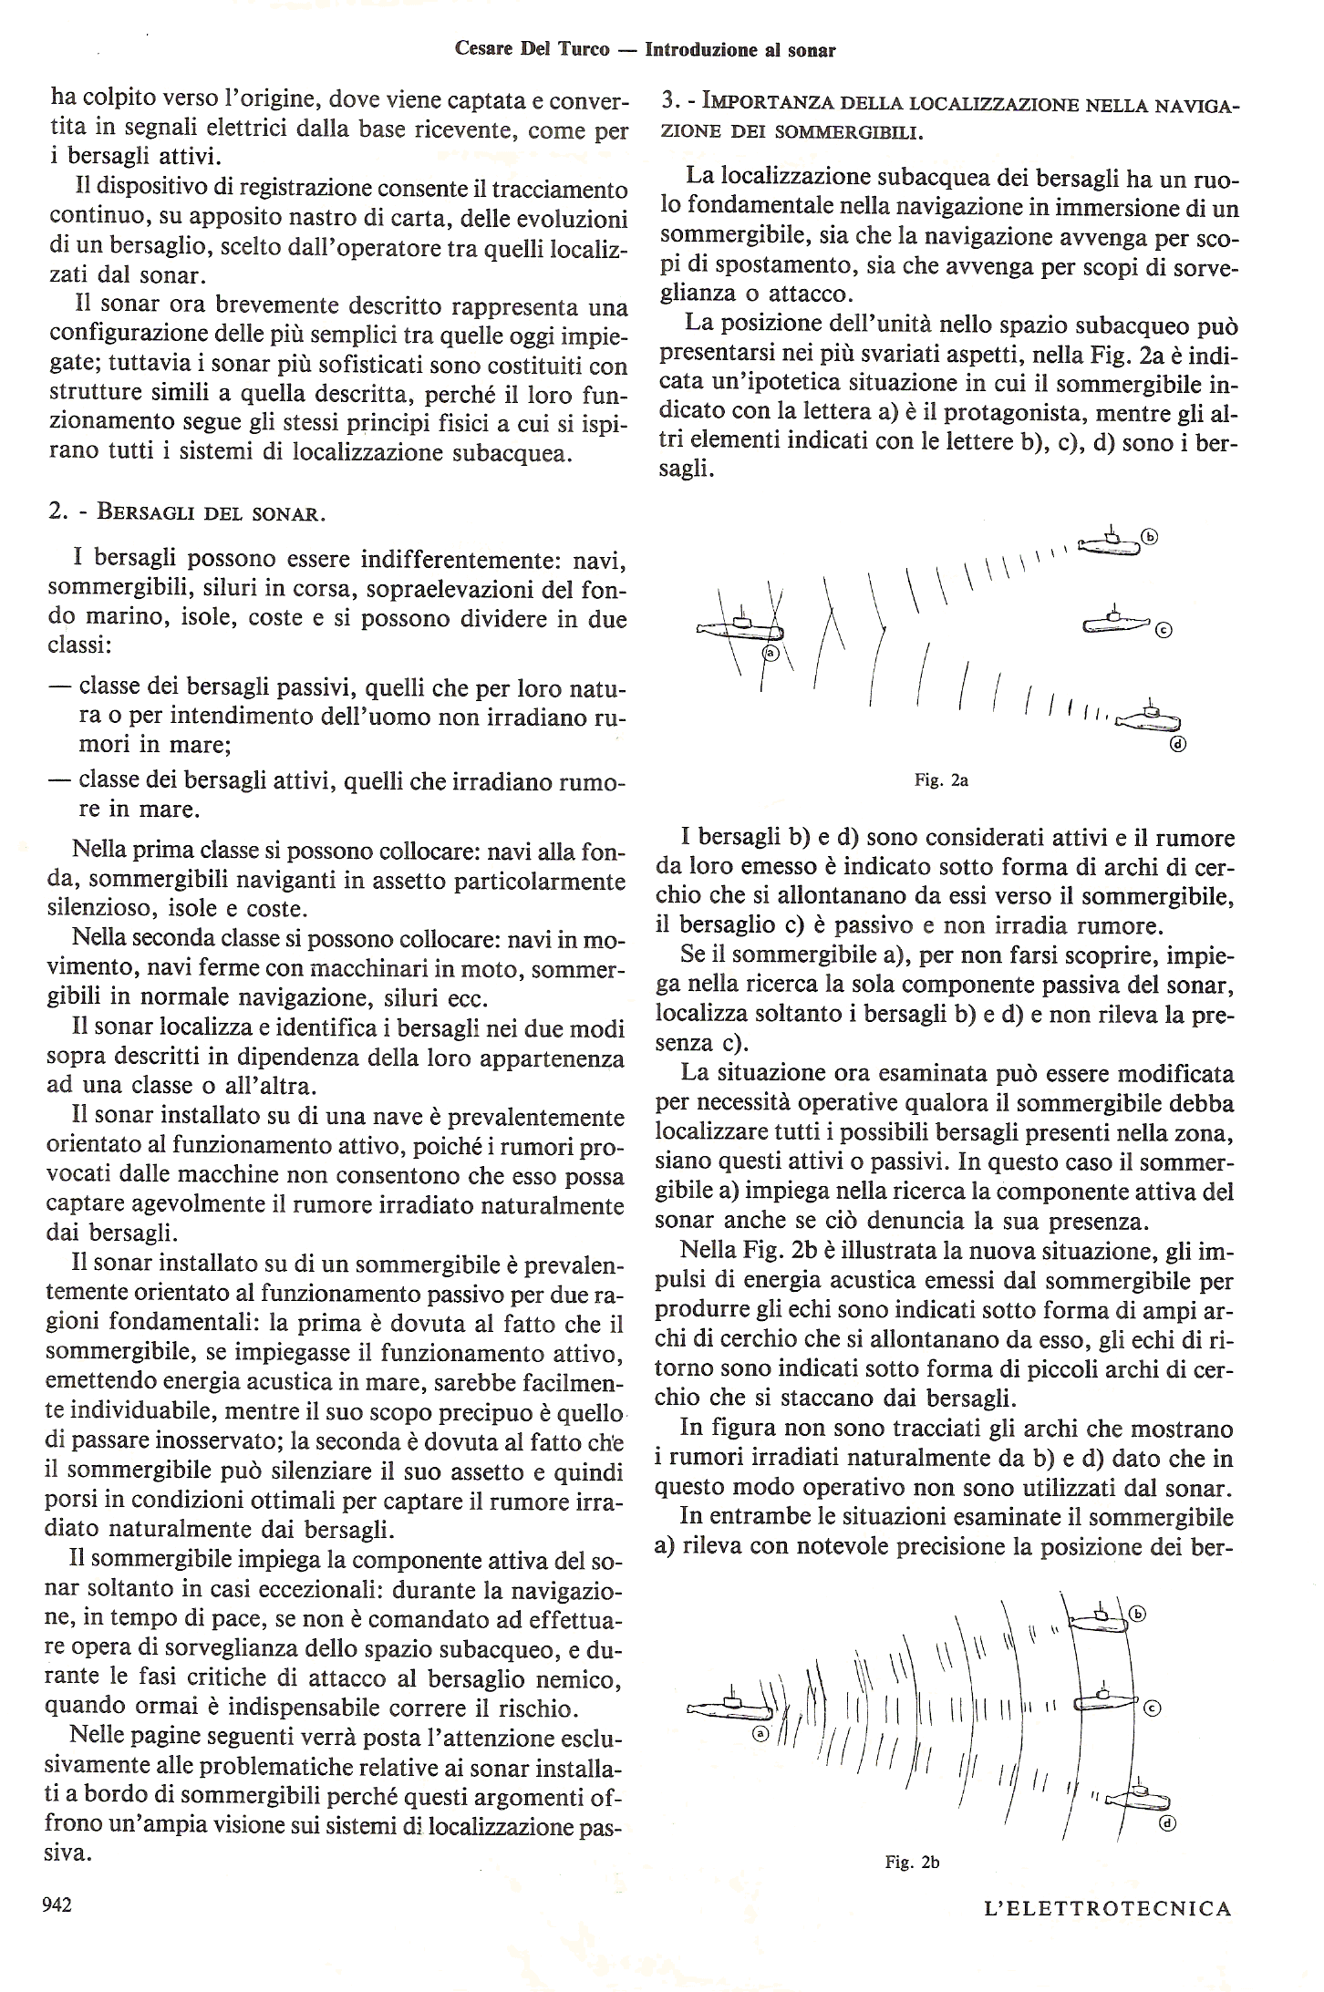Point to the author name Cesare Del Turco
[x=532, y=50]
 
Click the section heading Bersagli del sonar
[x=209, y=512]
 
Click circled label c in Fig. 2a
[x=1163, y=629]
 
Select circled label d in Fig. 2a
[x=1176, y=744]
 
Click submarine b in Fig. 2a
[x=1109, y=544]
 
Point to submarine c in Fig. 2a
[x=1115, y=623]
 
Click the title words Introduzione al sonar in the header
[x=740, y=50]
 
